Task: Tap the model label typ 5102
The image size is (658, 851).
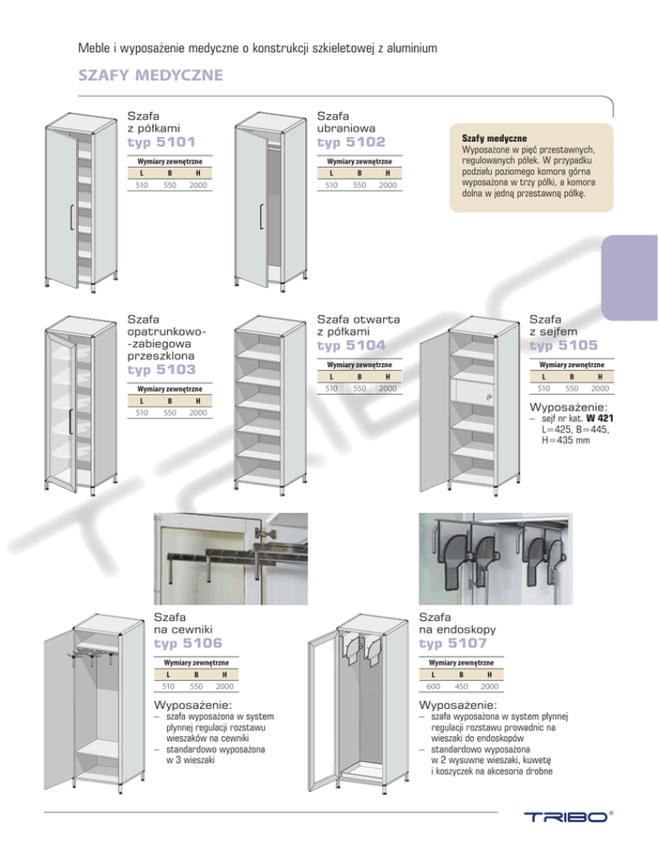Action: [351, 141]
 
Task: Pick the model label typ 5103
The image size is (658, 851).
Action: [162, 369]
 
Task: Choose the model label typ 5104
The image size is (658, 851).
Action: [351, 346]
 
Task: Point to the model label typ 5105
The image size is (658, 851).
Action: [564, 346]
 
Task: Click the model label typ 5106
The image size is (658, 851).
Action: [187, 642]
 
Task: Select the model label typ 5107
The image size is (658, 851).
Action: [454, 642]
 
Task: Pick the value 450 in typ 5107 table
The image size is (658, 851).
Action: [463, 686]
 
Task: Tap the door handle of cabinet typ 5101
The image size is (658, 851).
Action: [69, 217]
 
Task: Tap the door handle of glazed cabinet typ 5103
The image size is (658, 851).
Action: [70, 422]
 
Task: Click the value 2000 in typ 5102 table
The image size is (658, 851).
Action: [388, 184]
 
